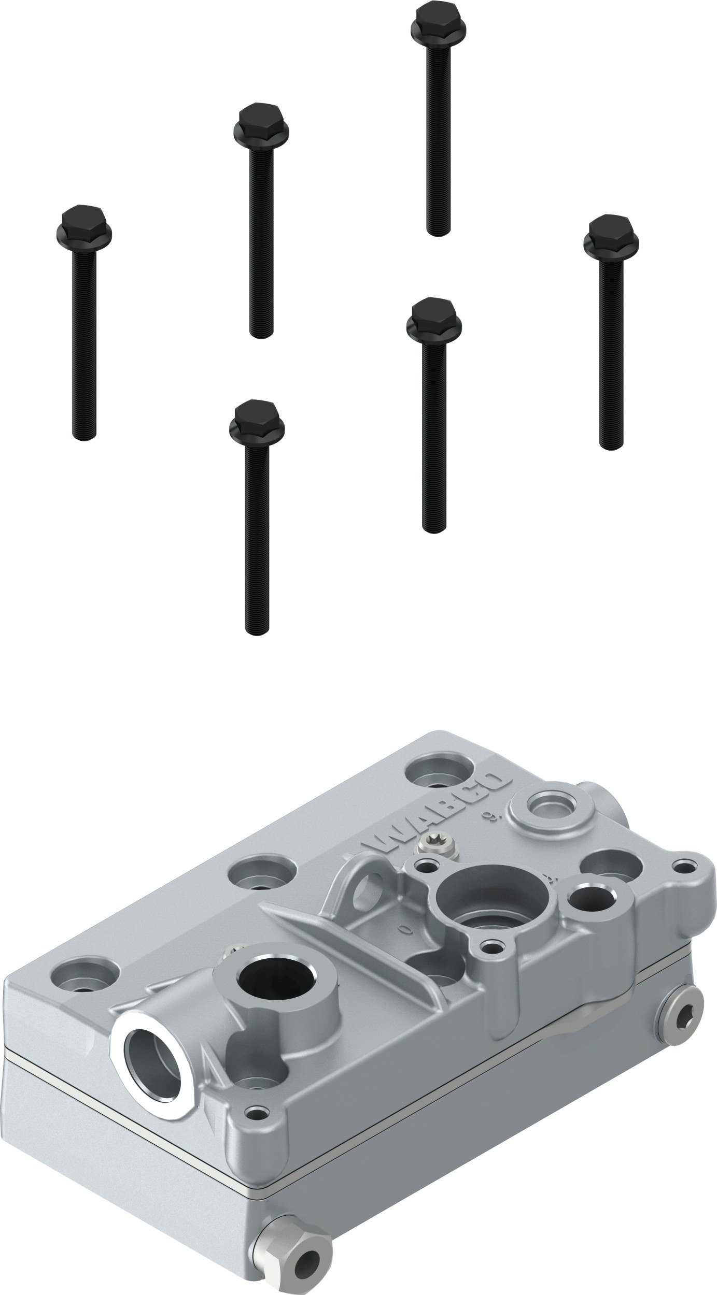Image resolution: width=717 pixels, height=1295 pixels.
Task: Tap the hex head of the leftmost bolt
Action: click(x=83, y=223)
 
